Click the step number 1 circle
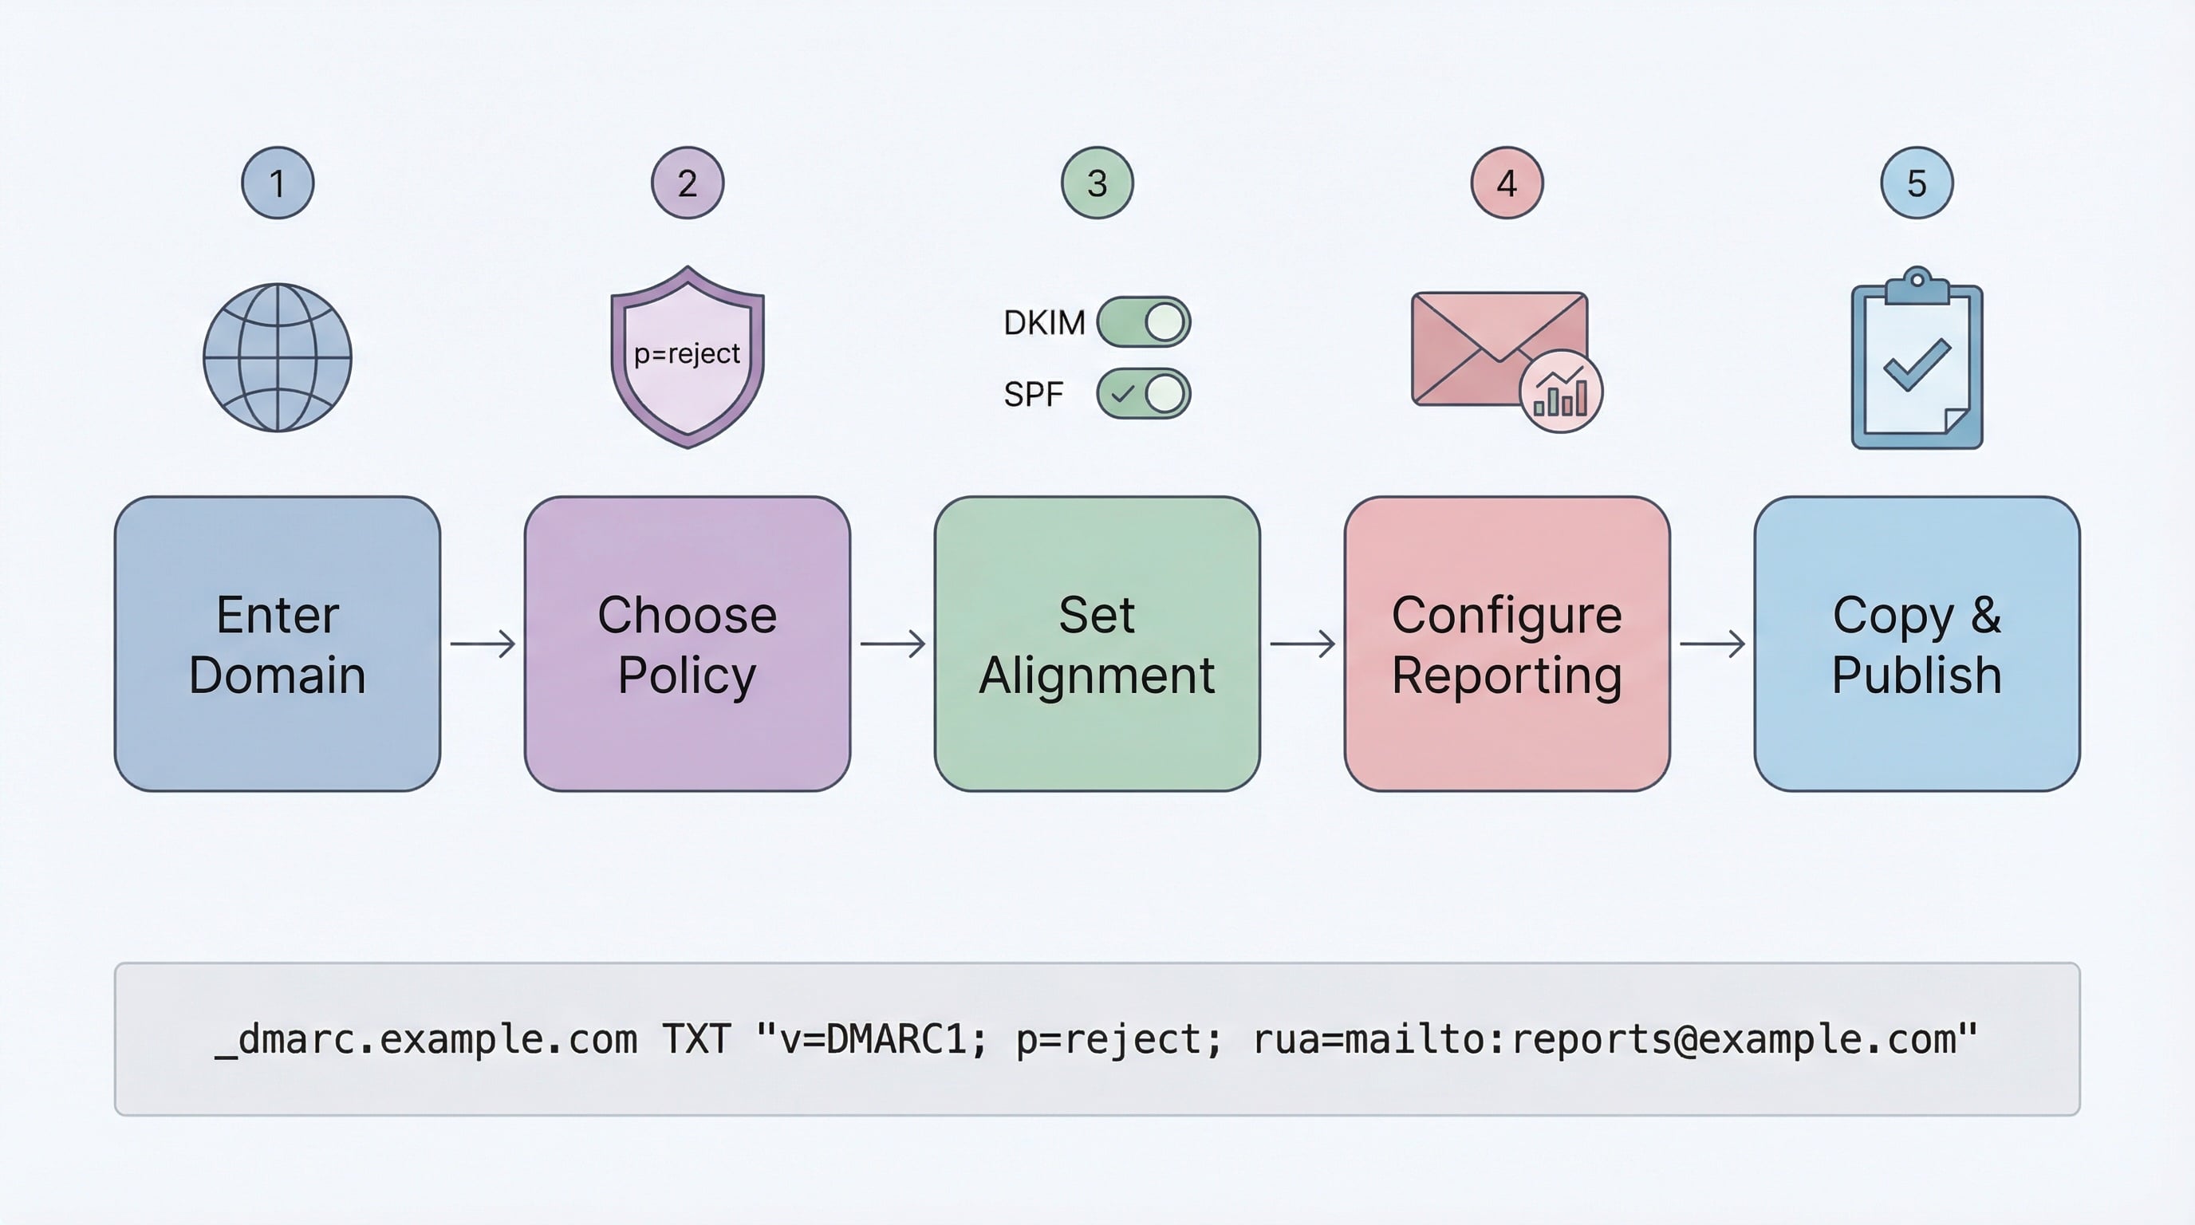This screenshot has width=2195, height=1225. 278,183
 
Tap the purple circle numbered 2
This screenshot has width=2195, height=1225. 687,183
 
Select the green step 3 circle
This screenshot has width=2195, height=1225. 1097,183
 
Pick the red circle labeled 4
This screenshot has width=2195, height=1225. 1507,183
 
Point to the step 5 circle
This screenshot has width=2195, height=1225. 1917,183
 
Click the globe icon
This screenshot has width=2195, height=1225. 278,358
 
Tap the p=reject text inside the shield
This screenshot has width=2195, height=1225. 687,353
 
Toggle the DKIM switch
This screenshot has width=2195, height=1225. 1144,322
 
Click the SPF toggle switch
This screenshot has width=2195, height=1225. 1144,393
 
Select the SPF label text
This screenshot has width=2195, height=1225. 1034,395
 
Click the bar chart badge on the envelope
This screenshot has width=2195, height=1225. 1561,392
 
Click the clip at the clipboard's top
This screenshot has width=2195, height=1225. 1917,286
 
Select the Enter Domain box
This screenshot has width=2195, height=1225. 278,644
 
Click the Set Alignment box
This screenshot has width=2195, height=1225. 1097,644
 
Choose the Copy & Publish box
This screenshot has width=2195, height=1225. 1917,644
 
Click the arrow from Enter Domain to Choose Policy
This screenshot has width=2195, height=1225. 483,644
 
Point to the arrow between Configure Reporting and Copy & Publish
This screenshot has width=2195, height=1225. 1712,644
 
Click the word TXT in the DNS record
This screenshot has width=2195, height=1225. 696,1039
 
